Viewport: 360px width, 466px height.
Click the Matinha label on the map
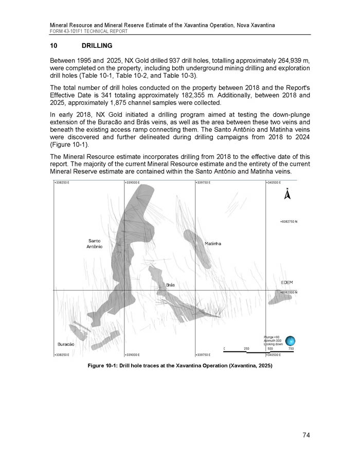click(212, 243)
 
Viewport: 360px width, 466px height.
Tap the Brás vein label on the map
click(171, 284)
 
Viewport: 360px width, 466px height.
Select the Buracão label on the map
click(66, 343)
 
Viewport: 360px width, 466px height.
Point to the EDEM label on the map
click(286, 282)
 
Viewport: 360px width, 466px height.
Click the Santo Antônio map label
click(94, 244)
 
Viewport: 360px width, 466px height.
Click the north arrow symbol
click(287, 194)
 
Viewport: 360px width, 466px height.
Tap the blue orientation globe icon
click(291, 340)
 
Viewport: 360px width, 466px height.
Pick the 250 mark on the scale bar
click(246, 349)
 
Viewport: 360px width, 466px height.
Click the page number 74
click(306, 436)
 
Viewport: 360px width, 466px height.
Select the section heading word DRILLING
click(97, 46)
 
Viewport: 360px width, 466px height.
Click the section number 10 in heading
click(53, 46)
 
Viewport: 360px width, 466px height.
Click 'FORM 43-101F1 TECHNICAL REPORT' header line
click(88, 31)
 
